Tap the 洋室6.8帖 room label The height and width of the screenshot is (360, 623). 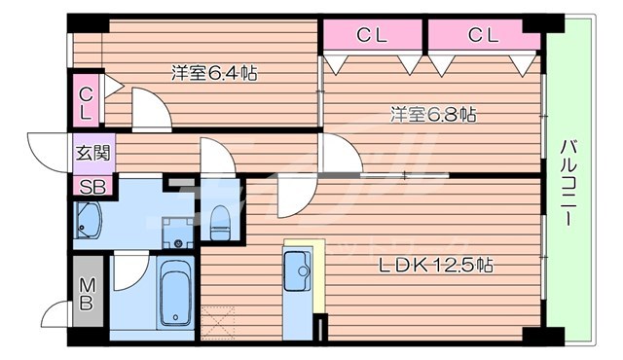(x=433, y=115)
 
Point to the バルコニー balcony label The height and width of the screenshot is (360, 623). (x=568, y=185)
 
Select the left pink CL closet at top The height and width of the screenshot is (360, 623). (x=372, y=36)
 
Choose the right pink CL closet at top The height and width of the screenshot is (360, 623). (x=483, y=36)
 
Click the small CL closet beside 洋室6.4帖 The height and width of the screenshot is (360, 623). (x=86, y=102)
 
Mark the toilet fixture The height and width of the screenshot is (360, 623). (x=220, y=222)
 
